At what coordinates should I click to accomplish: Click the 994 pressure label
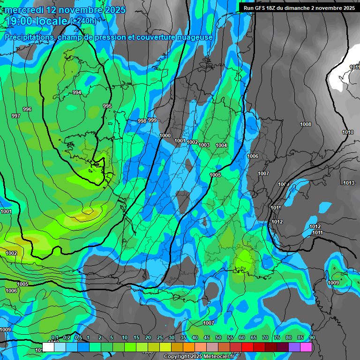point(77,92)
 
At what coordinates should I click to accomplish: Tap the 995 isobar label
point(107,106)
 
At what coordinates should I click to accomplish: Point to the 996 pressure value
point(27,109)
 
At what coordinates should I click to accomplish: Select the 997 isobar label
point(16,115)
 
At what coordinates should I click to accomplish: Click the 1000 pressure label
point(165,135)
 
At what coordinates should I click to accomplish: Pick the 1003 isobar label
point(204,145)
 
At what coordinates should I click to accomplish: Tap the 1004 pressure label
point(221,145)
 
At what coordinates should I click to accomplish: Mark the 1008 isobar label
point(306,124)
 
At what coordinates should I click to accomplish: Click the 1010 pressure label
point(348,132)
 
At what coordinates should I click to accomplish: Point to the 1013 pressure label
point(349,183)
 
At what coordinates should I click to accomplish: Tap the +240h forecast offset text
point(84,21)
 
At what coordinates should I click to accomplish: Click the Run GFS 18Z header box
point(299,7)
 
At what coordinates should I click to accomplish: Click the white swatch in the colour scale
point(48,347)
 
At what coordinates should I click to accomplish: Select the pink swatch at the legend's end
point(306,347)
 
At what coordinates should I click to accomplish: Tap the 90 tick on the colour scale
point(312,338)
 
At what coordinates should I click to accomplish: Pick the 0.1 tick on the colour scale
point(54,338)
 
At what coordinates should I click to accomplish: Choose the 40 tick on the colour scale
point(195,338)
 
